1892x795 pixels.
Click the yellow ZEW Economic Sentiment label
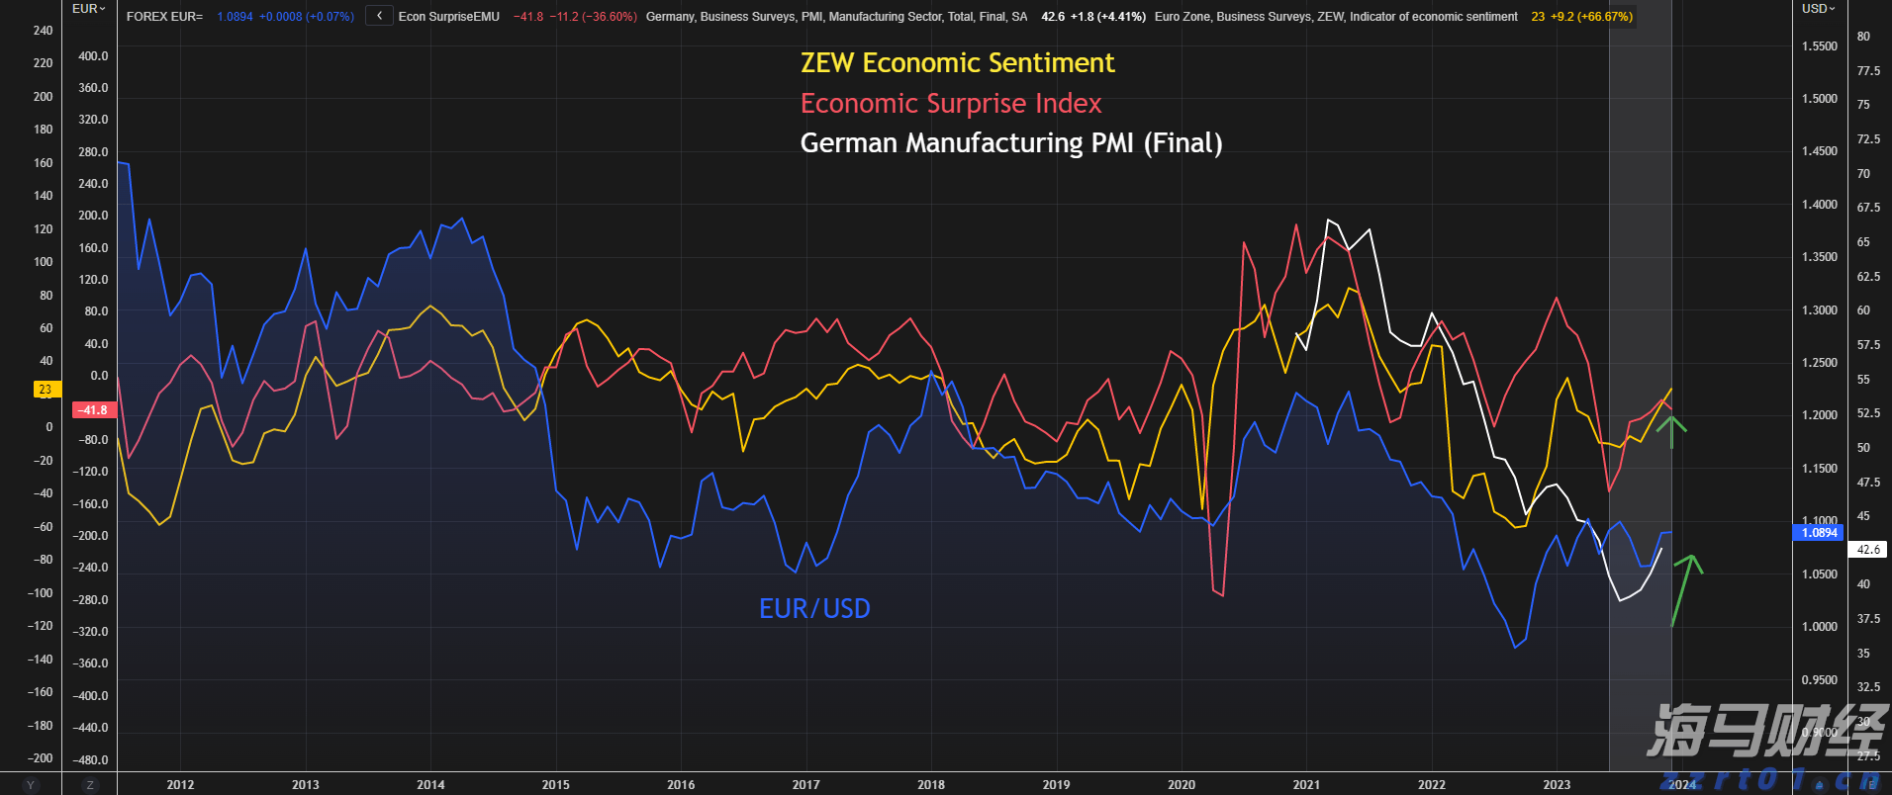point(957,63)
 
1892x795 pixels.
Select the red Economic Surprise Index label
point(950,104)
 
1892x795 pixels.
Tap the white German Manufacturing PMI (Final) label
point(1010,143)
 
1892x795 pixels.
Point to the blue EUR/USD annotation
point(814,608)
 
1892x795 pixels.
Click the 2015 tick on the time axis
point(555,784)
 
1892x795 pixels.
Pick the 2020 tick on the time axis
point(1181,784)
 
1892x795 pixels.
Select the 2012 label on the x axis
point(180,784)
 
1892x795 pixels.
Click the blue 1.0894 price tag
point(1819,533)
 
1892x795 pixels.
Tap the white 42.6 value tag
point(1867,550)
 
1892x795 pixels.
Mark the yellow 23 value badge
point(46,390)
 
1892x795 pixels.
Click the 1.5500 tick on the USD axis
point(1819,46)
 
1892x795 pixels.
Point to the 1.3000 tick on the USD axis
point(1819,309)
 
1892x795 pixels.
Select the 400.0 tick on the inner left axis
point(93,56)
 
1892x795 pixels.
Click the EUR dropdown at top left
point(88,9)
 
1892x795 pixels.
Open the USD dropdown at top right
point(1818,9)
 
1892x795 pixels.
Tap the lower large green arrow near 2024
point(1684,588)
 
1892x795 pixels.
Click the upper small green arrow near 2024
point(1671,430)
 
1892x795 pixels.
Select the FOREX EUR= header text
point(164,17)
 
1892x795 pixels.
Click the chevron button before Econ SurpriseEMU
point(379,16)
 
